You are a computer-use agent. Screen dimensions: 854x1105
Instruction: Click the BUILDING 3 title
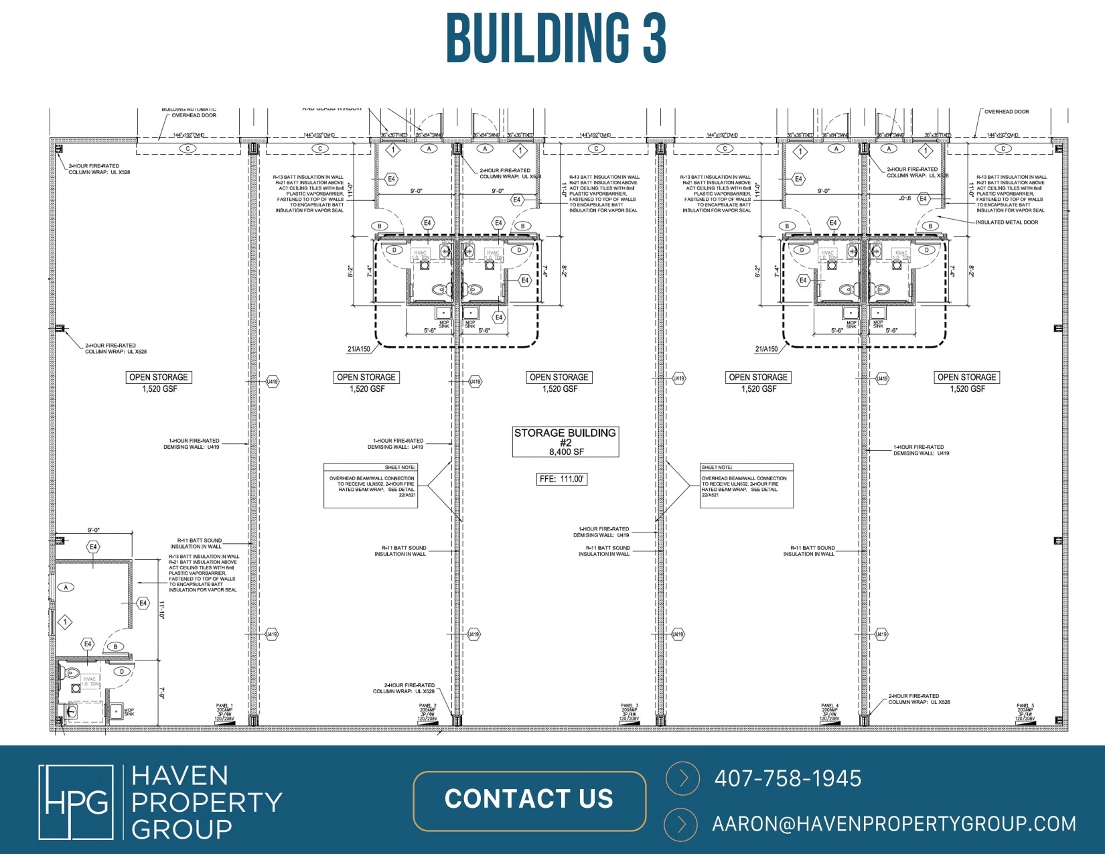point(555,38)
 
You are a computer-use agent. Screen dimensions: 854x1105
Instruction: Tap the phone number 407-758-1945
point(788,778)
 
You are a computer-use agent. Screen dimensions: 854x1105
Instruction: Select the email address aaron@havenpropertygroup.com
point(894,824)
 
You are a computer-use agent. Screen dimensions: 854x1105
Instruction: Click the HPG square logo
point(76,802)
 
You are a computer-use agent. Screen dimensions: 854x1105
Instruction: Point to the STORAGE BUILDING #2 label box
point(565,442)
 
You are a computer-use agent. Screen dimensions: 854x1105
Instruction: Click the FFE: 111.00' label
point(562,479)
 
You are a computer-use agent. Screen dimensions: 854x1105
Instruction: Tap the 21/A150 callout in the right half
point(766,349)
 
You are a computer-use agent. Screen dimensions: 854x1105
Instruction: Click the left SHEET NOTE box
point(371,485)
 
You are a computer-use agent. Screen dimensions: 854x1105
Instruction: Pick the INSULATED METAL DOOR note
point(1007,222)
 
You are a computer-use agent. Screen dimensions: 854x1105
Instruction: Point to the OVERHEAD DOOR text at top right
point(1007,112)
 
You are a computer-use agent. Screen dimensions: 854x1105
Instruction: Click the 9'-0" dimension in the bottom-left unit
point(94,530)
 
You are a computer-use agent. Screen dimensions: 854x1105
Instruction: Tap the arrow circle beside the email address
point(682,824)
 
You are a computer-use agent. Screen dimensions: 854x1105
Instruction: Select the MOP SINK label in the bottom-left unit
point(129,712)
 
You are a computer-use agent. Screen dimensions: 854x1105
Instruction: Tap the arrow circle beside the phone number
point(682,778)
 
